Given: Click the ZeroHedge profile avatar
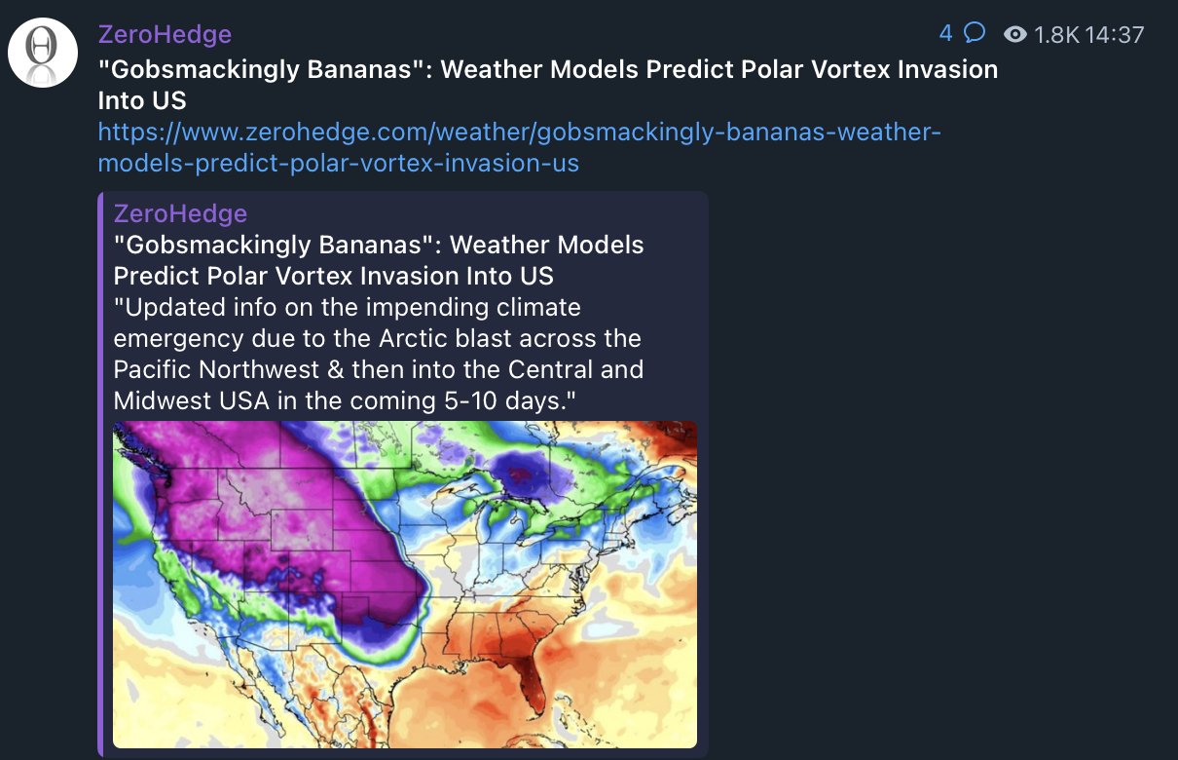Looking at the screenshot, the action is pos(43,53).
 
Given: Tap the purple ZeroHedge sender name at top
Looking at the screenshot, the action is pos(165,35).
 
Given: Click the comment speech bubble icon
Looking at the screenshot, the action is pos(974,33).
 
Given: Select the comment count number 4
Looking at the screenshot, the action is pos(945,34).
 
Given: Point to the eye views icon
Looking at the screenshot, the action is pos(1015,35).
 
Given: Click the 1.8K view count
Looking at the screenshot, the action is pos(1056,35).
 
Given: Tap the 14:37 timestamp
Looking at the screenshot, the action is pos(1114,35).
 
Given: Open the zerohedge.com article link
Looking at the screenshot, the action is pos(519,147).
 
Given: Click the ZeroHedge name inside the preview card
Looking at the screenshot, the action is pos(180,213).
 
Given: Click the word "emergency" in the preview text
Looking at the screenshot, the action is pos(178,339).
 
